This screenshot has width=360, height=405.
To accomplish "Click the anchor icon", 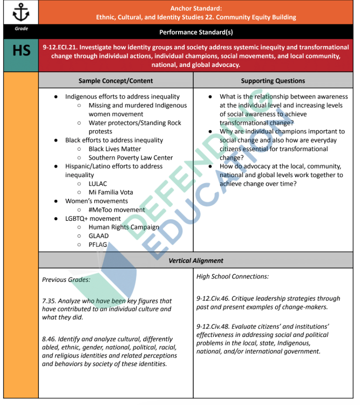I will [x=21, y=12].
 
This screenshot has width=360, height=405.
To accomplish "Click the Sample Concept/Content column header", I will [x=116, y=80].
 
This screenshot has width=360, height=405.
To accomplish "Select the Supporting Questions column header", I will [x=273, y=80].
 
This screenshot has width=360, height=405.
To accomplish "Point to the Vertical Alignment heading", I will [x=196, y=260].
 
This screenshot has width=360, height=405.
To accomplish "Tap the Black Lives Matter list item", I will [x=114, y=149].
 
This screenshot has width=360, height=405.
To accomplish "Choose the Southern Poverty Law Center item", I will [x=131, y=158].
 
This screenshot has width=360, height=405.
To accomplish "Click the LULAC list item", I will [x=98, y=184].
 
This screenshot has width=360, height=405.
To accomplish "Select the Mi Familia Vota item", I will [x=111, y=192].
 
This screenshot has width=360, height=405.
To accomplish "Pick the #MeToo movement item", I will [x=117, y=210].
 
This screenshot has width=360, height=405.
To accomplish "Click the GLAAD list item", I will [x=98, y=236].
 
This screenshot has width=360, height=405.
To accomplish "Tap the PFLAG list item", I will [x=98, y=245].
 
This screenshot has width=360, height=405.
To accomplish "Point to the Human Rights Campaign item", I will [x=124, y=227].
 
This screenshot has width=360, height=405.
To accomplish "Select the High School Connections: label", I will [x=233, y=276].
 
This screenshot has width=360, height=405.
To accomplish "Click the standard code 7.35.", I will [x=50, y=301].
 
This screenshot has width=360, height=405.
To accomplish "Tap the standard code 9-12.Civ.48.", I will [x=219, y=326].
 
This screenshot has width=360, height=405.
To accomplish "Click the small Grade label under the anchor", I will [x=21, y=28].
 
